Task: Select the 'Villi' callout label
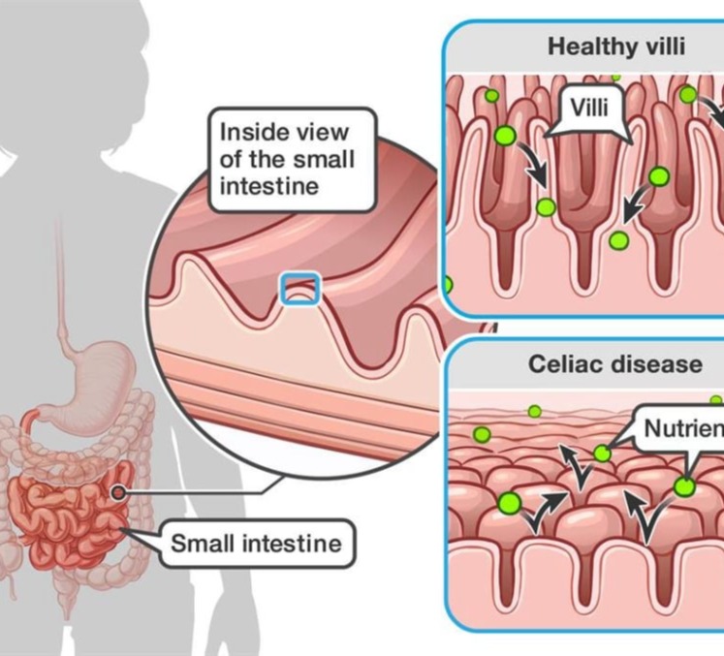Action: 589,107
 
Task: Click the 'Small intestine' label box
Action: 256,543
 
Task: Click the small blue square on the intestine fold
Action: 299,288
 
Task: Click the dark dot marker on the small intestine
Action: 118,492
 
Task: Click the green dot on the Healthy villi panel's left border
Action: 447,285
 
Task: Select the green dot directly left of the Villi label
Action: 504,136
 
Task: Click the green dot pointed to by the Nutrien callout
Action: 603,453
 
